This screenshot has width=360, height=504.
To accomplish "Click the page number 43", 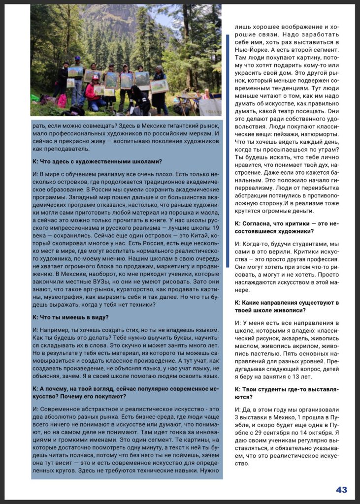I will click(x=341, y=489).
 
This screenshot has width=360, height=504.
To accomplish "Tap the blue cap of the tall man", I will click(x=77, y=58).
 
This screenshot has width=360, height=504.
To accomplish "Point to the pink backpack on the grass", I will click(x=62, y=101).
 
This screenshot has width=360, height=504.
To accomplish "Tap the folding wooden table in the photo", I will click(x=189, y=101).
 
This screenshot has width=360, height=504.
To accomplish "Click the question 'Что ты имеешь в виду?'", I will click(x=70, y=317).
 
